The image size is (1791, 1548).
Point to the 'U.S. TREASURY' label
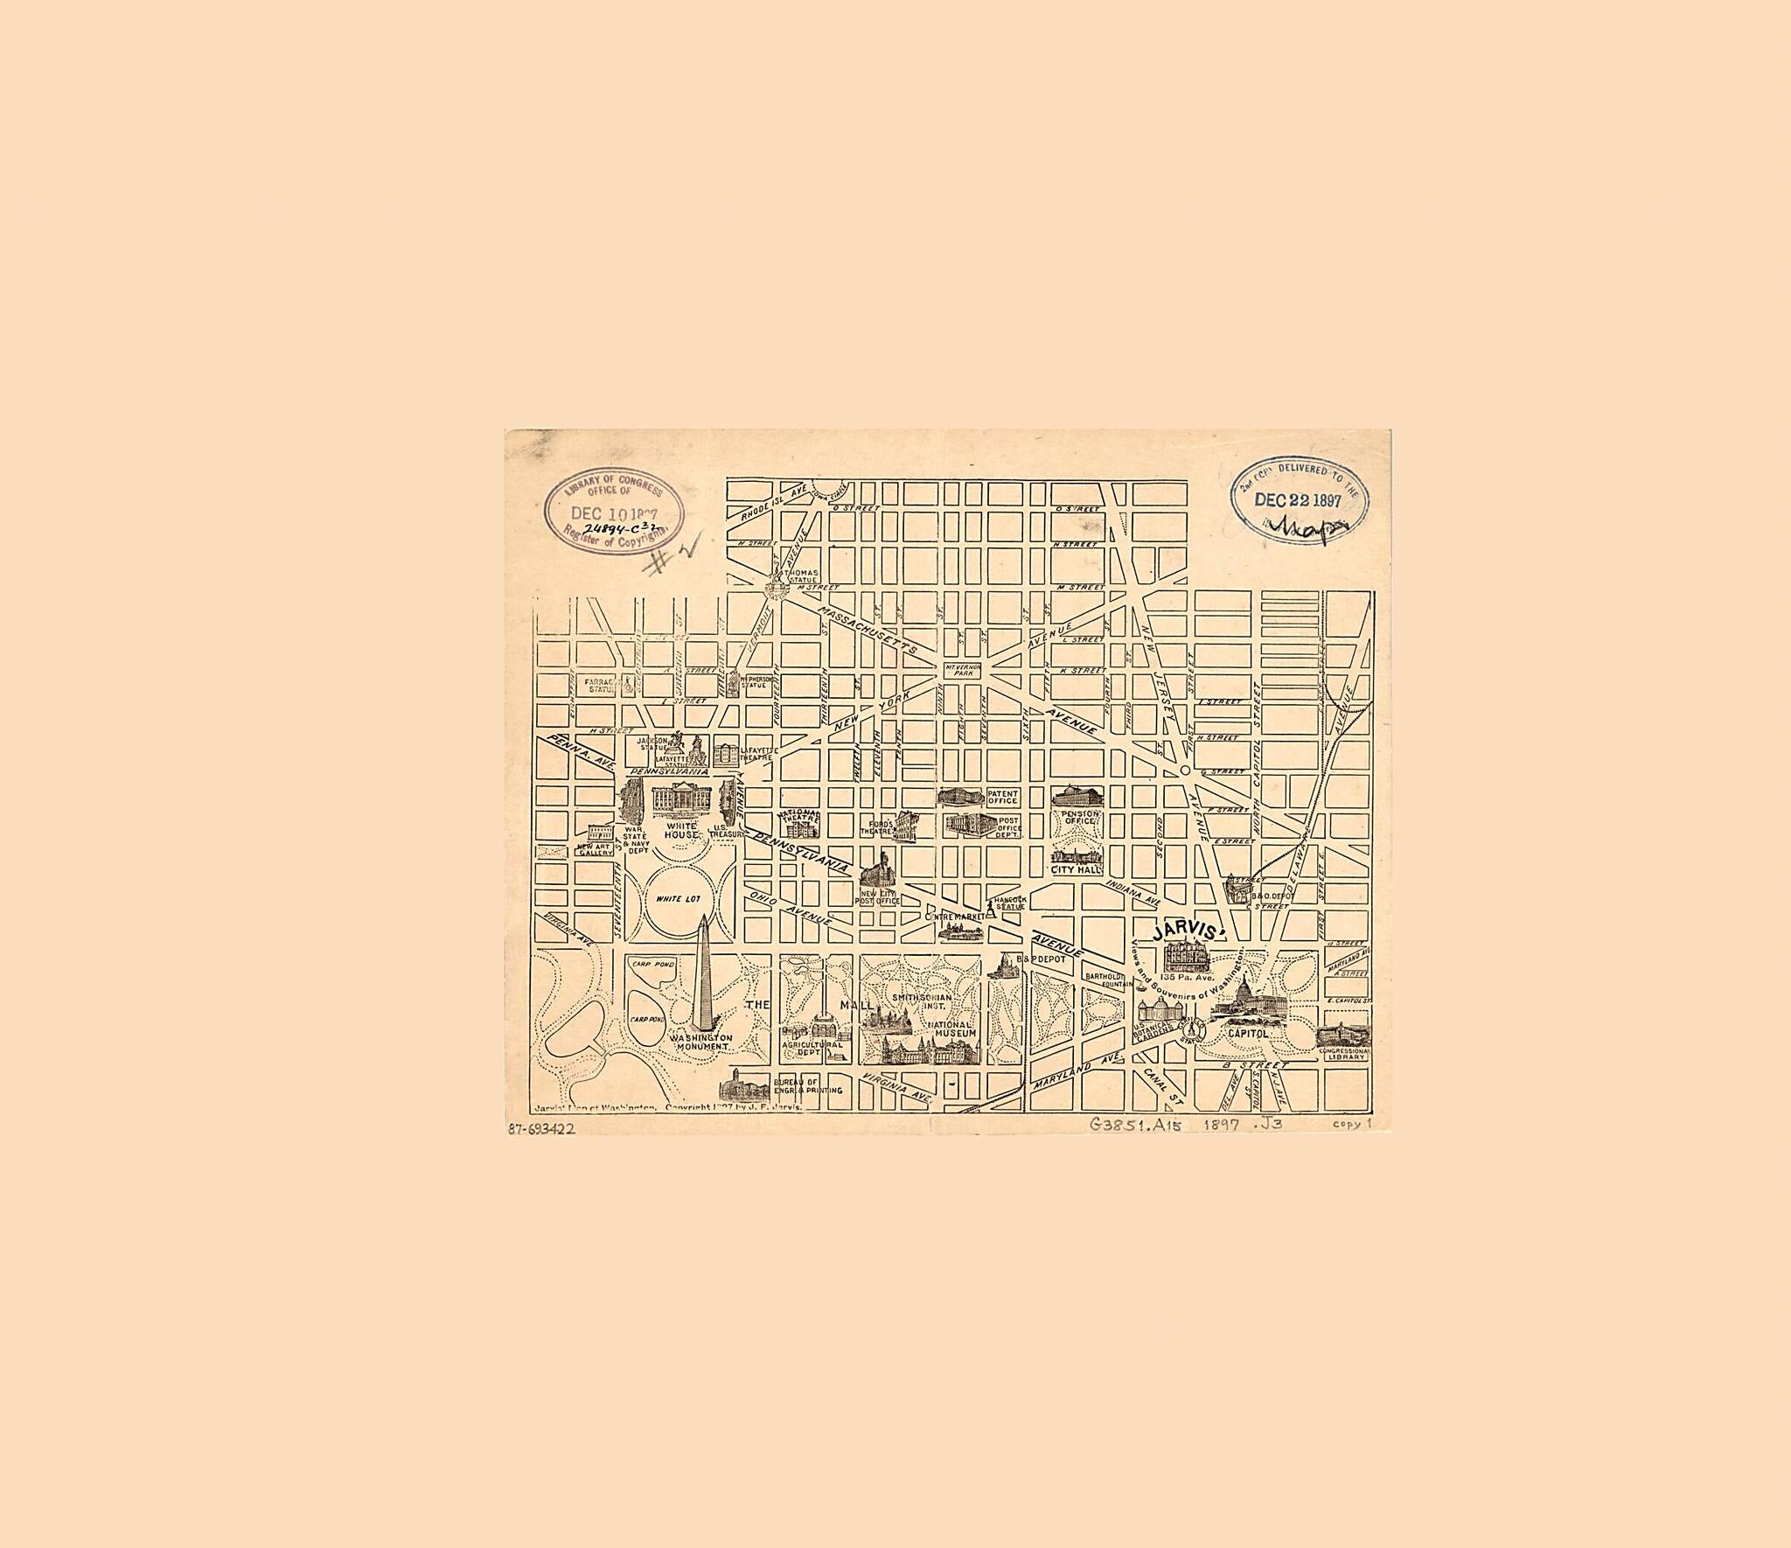coord(726,831)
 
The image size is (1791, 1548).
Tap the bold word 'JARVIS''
coord(1184,931)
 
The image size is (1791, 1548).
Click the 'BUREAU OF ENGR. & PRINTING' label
coord(812,1085)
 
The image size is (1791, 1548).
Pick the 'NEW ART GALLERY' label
coord(595,849)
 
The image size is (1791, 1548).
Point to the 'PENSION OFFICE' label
coord(1079,818)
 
